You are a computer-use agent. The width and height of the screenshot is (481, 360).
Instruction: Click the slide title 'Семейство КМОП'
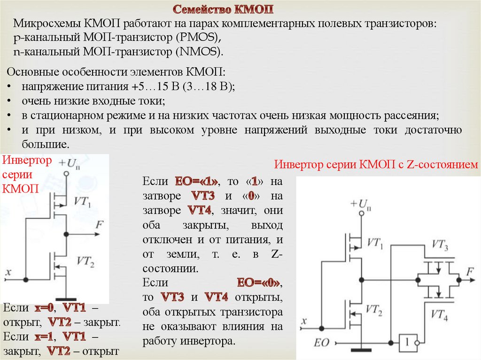[223, 9]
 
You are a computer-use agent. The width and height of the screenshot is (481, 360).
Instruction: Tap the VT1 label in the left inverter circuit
[83, 201]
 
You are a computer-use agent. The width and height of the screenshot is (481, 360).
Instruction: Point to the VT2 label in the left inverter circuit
[85, 262]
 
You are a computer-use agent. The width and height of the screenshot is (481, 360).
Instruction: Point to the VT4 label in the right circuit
[439, 315]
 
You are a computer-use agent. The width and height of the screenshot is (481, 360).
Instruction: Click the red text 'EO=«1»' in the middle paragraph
[197, 182]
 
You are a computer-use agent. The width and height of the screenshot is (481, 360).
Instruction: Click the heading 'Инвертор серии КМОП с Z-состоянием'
[376, 165]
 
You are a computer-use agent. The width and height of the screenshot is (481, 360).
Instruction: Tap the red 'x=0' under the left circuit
[45, 308]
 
